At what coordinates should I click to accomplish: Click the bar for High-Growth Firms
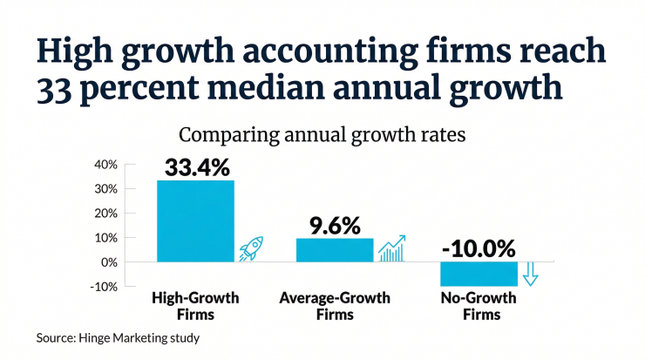click(x=195, y=221)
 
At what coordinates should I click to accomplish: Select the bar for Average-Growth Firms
click(x=335, y=249)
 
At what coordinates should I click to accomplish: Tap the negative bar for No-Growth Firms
click(x=478, y=274)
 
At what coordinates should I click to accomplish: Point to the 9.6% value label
click(x=335, y=225)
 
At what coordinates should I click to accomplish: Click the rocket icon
click(x=251, y=249)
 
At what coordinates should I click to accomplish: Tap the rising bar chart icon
click(x=391, y=248)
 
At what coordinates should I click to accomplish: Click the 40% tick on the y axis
click(x=105, y=165)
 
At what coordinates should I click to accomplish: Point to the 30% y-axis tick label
click(x=105, y=189)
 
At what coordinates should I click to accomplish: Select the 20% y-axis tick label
click(x=105, y=214)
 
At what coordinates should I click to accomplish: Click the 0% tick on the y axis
click(x=108, y=262)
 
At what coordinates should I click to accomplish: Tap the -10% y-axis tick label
click(x=103, y=286)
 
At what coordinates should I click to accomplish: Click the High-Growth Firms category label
click(x=195, y=305)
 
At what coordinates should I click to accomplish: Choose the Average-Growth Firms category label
click(x=334, y=305)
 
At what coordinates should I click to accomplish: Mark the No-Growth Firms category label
click(x=478, y=305)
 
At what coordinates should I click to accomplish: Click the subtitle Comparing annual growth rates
click(x=322, y=136)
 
